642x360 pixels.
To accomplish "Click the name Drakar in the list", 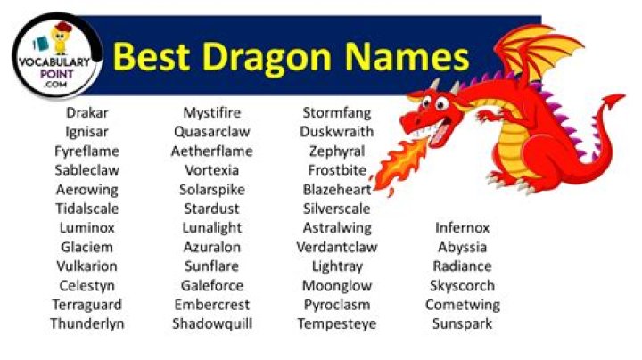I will [86, 113].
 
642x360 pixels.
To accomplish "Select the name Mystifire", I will [212, 113].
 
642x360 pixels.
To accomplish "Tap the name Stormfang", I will [336, 113].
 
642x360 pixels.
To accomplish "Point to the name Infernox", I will [462, 227].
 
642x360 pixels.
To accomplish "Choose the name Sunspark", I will [462, 323].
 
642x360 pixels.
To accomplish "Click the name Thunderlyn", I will [86, 323].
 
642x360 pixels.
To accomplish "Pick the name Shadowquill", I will [212, 323].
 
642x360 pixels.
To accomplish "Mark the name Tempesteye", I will [336, 323].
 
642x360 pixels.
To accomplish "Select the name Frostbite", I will [336, 170].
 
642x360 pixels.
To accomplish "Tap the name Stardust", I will [212, 209].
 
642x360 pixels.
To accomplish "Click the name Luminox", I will [86, 227].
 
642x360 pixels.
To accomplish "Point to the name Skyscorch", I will [462, 285].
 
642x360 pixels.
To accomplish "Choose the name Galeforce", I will [212, 285].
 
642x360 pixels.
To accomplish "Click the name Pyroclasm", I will [336, 305].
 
